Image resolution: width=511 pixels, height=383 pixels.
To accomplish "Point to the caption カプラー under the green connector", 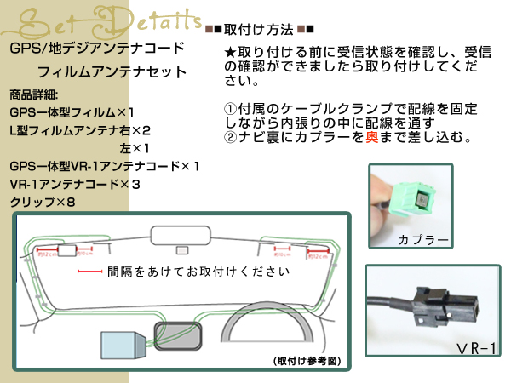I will (x=423, y=240).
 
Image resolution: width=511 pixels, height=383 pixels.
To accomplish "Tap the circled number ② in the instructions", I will (x=229, y=137).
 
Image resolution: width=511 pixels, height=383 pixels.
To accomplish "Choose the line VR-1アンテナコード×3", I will (x=74, y=184).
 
